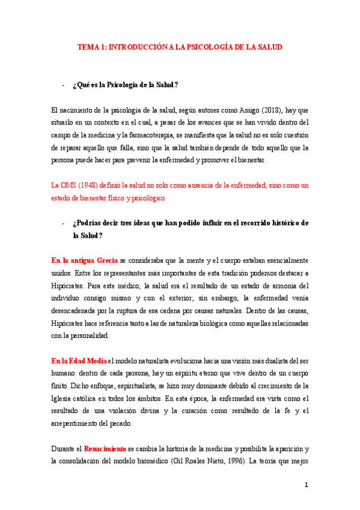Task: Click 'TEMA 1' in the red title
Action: [x=92, y=46]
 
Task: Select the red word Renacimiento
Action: [x=105, y=449]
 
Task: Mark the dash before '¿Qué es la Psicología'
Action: [x=63, y=85]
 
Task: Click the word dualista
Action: [x=276, y=361]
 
